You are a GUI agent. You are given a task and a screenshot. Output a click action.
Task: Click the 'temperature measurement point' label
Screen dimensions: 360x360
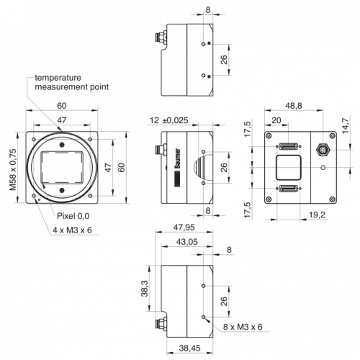pos(71,82)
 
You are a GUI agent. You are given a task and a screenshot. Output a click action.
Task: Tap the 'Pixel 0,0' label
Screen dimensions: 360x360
pos(73,216)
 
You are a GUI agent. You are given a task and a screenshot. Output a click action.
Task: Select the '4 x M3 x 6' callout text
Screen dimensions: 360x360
pos(72,230)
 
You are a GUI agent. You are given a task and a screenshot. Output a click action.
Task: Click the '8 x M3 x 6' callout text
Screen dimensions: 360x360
pos(243,327)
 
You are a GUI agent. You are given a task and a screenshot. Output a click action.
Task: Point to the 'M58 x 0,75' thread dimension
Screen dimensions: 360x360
pos(13,169)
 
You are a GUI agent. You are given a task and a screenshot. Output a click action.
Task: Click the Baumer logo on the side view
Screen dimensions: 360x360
pos(178,158)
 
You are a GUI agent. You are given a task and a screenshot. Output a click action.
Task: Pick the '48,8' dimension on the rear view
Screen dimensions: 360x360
pos(294,106)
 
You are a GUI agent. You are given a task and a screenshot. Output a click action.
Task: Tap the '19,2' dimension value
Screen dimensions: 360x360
pos(317,215)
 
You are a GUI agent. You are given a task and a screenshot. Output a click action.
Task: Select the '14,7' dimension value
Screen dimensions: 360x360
pos(345,125)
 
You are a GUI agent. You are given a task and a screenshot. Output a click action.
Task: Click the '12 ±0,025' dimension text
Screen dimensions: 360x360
pos(169,120)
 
